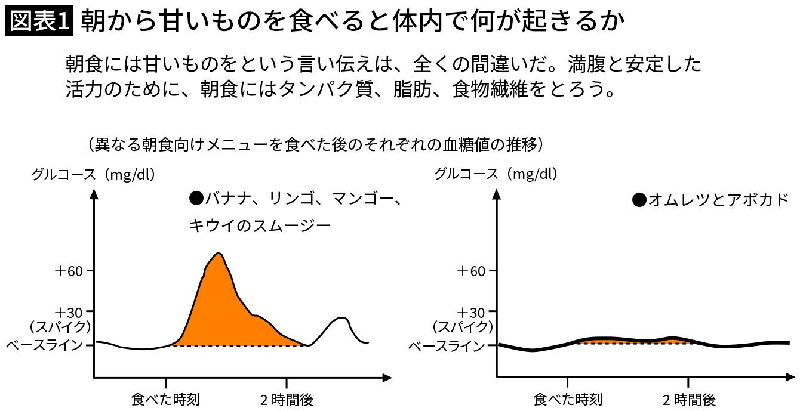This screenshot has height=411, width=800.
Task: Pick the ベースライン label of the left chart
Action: (44, 345)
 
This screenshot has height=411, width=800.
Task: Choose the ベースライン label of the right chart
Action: (447, 345)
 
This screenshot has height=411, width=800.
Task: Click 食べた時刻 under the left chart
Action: (165, 398)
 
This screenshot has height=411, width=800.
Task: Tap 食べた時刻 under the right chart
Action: (568, 398)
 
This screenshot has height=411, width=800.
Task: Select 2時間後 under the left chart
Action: (287, 398)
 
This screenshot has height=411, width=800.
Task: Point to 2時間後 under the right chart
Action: (689, 398)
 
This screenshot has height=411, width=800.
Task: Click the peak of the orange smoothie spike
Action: (219, 254)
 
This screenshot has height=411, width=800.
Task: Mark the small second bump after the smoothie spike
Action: (341, 318)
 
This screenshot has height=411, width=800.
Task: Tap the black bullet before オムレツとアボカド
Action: (639, 200)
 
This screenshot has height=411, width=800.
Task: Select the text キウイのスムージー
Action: (259, 225)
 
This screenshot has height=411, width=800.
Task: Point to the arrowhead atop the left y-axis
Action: (94, 193)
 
